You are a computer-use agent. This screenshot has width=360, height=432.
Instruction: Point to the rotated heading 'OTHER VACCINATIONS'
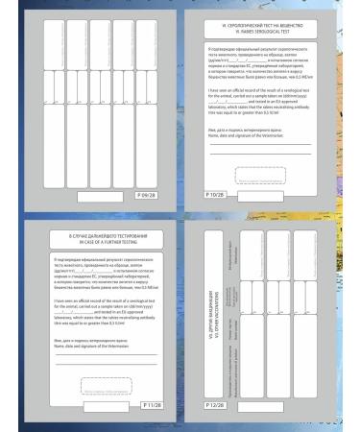[217, 314]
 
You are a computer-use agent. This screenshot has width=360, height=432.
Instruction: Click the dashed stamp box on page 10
[274, 175]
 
